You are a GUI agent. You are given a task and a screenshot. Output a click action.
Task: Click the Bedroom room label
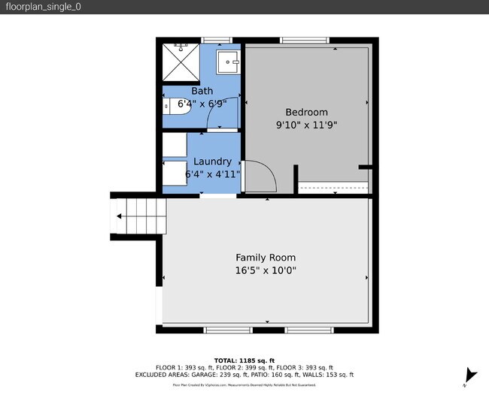pyautogui.click(x=307, y=112)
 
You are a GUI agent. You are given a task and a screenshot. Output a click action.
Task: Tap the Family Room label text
pyautogui.click(x=266, y=257)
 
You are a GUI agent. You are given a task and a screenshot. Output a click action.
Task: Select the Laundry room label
pyautogui.click(x=212, y=161)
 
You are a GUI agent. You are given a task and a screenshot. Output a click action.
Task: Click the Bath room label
pyautogui.click(x=202, y=91)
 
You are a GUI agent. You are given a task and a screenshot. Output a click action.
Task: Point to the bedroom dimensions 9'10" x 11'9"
pyautogui.click(x=307, y=125)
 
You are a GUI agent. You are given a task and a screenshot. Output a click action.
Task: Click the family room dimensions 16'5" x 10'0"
pyautogui.click(x=266, y=270)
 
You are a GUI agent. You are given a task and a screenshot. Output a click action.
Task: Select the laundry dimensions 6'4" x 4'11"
pyautogui.click(x=213, y=174)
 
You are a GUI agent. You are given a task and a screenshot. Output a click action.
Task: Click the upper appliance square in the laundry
pyautogui.click(x=175, y=143)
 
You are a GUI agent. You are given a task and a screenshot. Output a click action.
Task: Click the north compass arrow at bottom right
pyautogui.click(x=471, y=375)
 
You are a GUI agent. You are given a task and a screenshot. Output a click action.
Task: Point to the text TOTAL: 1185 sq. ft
pyautogui.click(x=244, y=360)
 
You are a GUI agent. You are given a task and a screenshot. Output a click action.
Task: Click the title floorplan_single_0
pyautogui.click(x=43, y=7)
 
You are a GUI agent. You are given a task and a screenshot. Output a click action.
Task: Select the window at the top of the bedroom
pyautogui.click(x=305, y=41)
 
